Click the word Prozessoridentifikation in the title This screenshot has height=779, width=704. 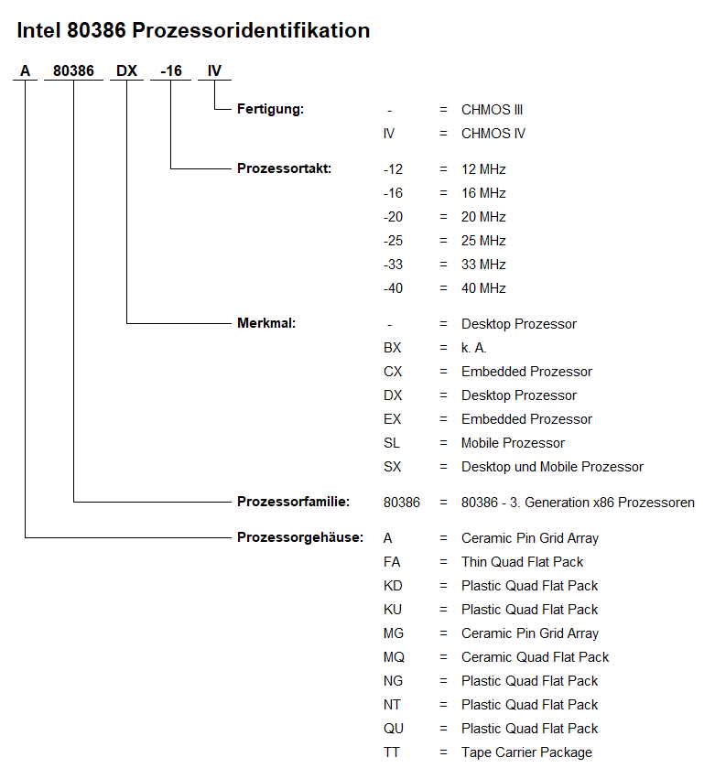[251, 30]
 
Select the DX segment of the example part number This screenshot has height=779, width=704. [126, 71]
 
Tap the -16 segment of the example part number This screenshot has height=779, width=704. [171, 71]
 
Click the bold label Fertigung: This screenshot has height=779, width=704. [270, 109]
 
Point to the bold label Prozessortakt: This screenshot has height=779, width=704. [284, 168]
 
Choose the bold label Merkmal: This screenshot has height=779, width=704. [266, 323]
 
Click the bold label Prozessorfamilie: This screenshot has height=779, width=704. [293, 502]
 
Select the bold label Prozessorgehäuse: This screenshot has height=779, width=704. [300, 537]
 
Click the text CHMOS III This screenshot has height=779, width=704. [492, 109]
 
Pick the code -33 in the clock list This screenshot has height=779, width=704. [393, 265]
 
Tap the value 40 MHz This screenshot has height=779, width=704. [483, 288]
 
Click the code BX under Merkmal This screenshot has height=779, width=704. [392, 348]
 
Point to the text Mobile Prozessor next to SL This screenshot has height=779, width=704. [513, 443]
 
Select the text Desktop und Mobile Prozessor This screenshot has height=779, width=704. [552, 467]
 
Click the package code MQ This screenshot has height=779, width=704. [394, 657]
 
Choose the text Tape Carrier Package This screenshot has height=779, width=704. [526, 752]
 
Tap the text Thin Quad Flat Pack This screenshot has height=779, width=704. [522, 562]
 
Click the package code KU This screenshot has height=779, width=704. [393, 610]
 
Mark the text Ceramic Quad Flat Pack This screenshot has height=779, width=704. [535, 657]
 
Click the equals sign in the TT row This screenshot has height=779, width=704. [443, 752]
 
